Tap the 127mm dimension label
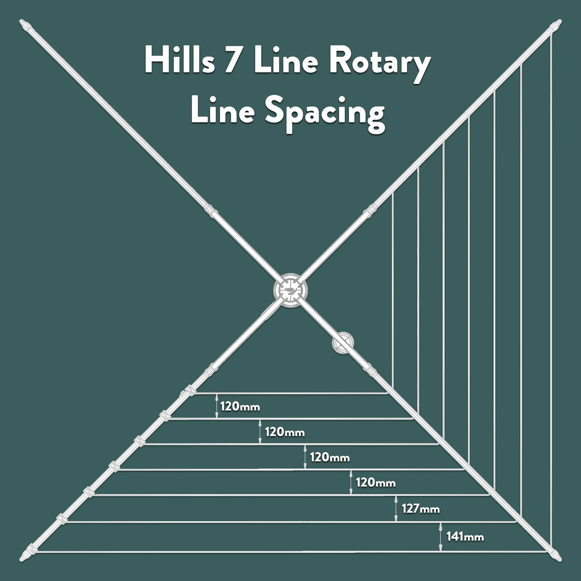point(421,509)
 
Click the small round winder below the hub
point(343,342)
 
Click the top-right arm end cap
point(556,25)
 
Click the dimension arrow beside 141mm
point(441,536)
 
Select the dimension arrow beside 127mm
point(396,509)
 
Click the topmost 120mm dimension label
point(240,406)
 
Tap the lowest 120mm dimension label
point(376,483)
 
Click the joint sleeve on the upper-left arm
point(211,211)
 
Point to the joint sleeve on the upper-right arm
point(370,211)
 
